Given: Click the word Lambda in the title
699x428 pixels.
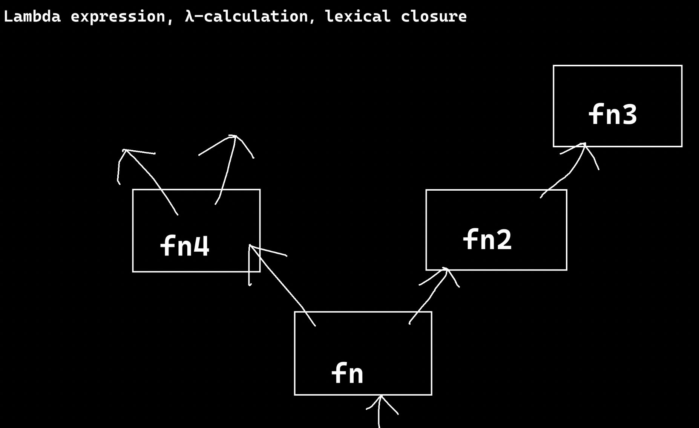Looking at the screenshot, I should point(32,17).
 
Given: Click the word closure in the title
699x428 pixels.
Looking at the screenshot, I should point(434,17).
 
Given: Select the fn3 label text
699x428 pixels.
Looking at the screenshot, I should point(613,114).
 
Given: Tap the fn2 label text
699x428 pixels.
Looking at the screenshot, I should point(487,239).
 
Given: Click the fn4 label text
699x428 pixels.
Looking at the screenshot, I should point(185,246).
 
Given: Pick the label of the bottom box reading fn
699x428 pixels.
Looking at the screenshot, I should point(347,373).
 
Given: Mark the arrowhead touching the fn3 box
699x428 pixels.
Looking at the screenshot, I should point(584,145).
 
